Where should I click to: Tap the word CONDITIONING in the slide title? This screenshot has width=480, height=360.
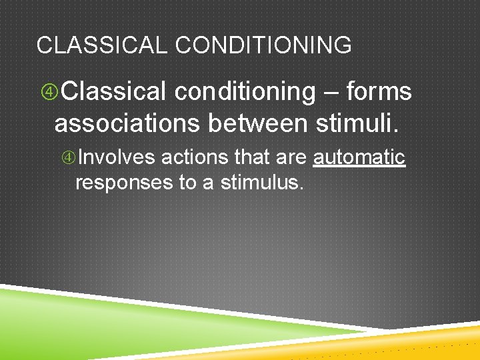(263, 45)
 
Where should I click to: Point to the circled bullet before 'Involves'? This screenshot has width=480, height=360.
(69, 158)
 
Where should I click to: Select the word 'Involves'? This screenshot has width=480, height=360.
(117, 158)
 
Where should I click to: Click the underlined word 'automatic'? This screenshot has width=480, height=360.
(359, 158)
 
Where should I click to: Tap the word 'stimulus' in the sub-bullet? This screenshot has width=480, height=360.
(261, 183)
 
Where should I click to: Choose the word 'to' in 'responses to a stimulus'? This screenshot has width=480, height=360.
(189, 183)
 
